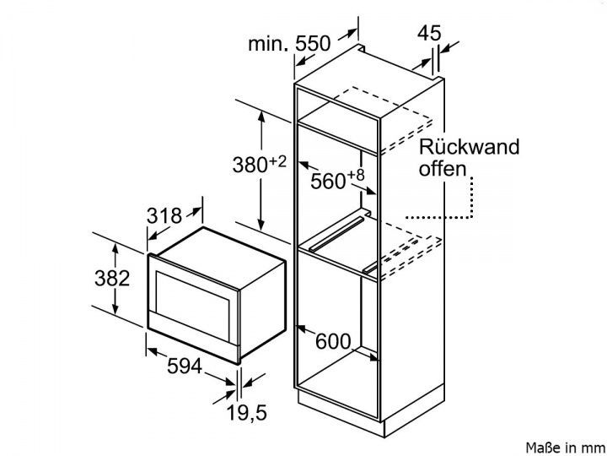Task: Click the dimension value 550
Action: [313, 45]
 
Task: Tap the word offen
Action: [441, 169]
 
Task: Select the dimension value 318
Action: [164, 215]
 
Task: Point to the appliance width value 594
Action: [183, 366]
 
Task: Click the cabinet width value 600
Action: [331, 342]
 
